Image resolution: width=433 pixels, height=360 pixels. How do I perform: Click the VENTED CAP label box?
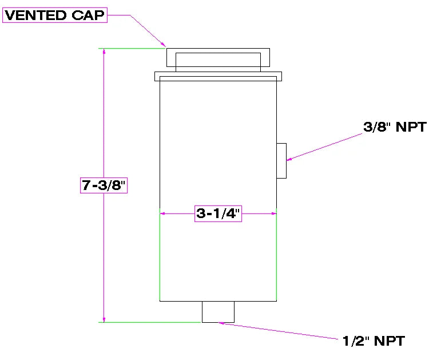pos(55,15)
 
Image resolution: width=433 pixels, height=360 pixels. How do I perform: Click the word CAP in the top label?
pos(88,15)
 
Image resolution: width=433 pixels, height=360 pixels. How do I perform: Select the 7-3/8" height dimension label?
pos(104,185)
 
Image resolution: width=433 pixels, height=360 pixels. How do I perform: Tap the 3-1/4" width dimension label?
pos(218,213)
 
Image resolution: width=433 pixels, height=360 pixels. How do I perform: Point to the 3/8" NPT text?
pos(395,127)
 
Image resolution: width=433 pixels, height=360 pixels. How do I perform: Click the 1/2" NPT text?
pos(374,341)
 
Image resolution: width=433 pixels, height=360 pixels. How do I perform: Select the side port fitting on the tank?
pos(281,161)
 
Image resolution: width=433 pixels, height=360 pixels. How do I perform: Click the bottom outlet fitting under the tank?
pos(218,312)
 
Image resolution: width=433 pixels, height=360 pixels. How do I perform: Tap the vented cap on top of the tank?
pos(218,57)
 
